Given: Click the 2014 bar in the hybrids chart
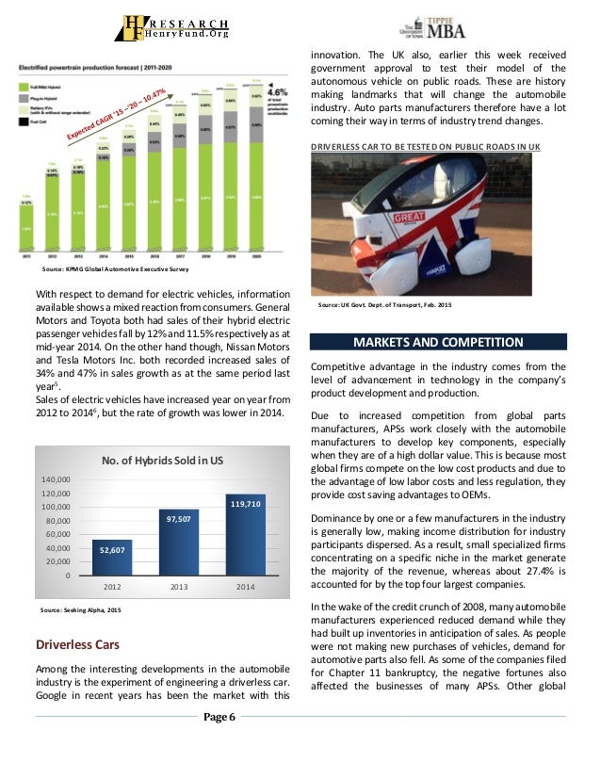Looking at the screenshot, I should coord(245,534).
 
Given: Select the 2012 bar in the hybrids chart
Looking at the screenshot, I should coord(111,557).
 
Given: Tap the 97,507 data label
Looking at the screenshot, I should coord(178,518).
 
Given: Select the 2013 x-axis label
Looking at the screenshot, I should coord(178,585).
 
